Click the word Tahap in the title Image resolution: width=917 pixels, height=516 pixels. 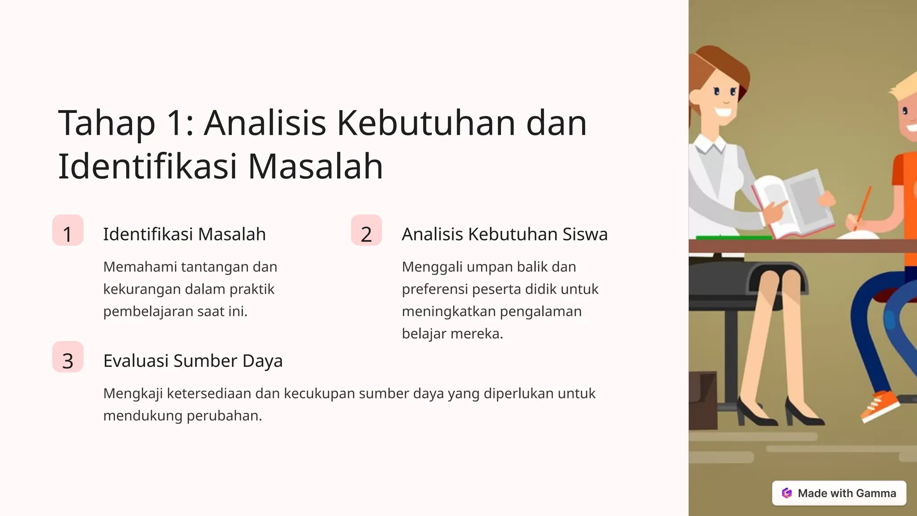tap(107, 123)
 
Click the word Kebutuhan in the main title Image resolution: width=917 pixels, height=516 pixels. tap(426, 123)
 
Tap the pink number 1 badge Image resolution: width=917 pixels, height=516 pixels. tap(68, 231)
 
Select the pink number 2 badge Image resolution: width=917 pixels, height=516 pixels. tap(366, 231)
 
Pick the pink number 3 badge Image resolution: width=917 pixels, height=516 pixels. tap(68, 357)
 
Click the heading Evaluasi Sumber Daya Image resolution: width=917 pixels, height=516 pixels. tap(193, 361)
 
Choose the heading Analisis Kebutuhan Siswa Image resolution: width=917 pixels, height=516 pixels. tap(505, 234)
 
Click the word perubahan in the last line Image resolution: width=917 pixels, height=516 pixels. tap(224, 416)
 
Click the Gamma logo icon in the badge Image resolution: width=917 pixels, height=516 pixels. tap(787, 493)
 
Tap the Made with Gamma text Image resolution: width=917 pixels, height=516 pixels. tap(847, 493)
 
